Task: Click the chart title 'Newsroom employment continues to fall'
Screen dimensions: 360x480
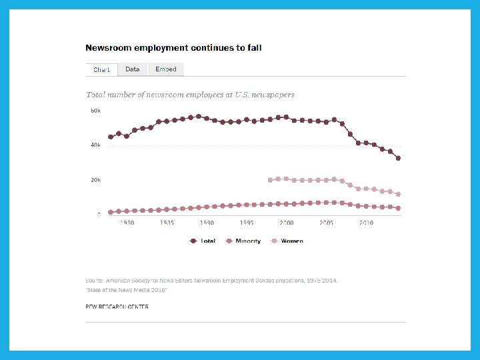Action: [x=173, y=48]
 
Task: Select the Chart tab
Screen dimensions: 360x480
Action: [x=102, y=69]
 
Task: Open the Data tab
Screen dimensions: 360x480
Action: [x=133, y=69]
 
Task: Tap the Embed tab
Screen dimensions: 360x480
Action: [x=166, y=69]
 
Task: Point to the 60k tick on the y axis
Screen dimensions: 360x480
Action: [x=95, y=111]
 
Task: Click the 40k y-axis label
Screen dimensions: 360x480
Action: [x=95, y=145]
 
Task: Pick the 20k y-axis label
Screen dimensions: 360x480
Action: [x=95, y=180]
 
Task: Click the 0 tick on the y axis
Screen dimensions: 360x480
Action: [x=99, y=215]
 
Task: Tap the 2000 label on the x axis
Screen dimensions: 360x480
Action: [x=287, y=223]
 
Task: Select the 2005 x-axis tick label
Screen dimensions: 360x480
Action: [x=327, y=223]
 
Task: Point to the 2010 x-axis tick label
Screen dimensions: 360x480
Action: [x=366, y=223]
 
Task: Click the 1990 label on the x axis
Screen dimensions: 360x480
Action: [x=207, y=223]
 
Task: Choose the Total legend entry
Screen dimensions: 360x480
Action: [x=203, y=241]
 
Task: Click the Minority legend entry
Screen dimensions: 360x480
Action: [x=244, y=241]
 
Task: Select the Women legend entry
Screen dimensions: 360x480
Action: [x=287, y=241]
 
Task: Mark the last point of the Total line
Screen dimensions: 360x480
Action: [x=398, y=158]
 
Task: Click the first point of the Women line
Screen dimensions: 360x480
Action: [x=270, y=180]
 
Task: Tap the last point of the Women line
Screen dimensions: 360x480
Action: [x=398, y=194]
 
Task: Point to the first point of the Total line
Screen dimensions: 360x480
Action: [x=111, y=137]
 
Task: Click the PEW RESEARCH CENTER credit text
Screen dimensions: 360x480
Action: [x=117, y=307]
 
